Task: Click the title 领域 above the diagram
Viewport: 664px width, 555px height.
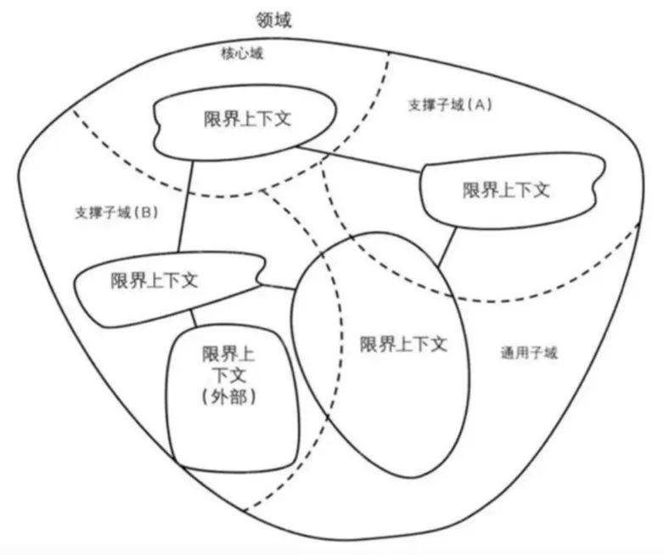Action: (x=273, y=19)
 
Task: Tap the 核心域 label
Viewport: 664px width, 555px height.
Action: (x=243, y=53)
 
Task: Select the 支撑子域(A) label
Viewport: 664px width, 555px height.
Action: (x=450, y=105)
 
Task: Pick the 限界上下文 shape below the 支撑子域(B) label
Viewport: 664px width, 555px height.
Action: (x=154, y=281)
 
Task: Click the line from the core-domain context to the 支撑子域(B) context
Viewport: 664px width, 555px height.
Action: (x=185, y=208)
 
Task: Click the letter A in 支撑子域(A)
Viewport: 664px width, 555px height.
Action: (x=480, y=105)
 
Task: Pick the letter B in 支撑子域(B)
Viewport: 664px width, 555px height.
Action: (x=147, y=212)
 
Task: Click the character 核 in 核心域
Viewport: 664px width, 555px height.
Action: (x=228, y=53)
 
